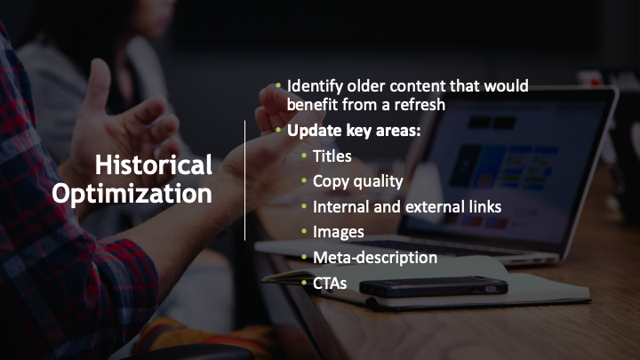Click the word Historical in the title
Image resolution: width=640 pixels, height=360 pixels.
click(154, 164)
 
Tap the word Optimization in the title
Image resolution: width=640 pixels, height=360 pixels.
click(132, 195)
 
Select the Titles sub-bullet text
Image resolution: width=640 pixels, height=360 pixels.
click(332, 156)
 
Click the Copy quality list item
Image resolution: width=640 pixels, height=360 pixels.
click(358, 182)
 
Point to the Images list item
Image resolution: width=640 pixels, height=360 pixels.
click(339, 232)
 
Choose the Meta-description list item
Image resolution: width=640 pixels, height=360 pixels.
click(375, 258)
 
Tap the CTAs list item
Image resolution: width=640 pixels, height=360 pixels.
click(330, 283)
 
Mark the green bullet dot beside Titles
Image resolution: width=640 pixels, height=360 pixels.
click(304, 155)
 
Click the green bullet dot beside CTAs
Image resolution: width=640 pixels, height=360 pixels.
click(304, 282)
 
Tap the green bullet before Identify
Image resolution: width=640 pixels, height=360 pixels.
click(278, 85)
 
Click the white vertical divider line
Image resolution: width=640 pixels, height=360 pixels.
click(245, 180)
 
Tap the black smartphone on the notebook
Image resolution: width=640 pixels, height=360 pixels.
click(434, 286)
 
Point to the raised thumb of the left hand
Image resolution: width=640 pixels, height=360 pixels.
click(99, 84)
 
